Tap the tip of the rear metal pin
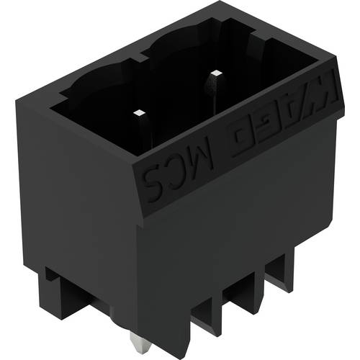coord(215,72)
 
